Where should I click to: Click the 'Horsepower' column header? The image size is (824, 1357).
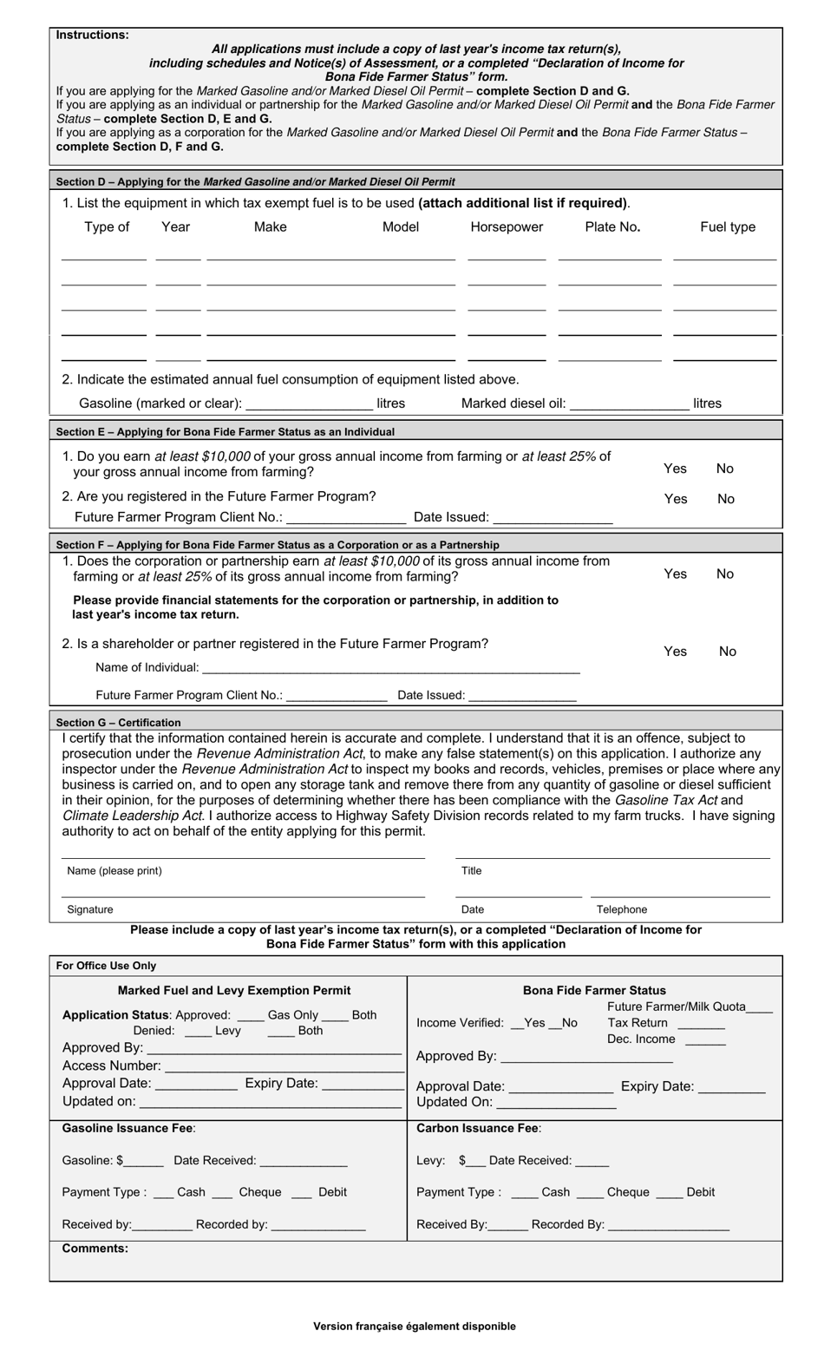point(507,227)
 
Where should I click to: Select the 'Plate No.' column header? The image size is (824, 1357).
point(612,227)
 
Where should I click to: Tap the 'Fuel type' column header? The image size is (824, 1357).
point(728,227)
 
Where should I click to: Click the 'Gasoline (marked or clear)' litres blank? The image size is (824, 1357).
point(310,404)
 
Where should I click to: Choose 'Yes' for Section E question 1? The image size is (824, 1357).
point(675,469)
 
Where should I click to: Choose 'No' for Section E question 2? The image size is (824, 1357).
point(725,499)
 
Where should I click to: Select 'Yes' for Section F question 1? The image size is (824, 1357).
point(675,574)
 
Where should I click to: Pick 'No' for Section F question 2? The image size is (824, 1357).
point(728,652)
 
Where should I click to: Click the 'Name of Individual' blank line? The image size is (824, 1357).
point(391,669)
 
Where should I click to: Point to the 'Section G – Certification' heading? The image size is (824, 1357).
point(119,723)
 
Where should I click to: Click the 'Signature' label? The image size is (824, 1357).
point(90,909)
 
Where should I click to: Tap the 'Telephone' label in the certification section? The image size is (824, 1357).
point(622,909)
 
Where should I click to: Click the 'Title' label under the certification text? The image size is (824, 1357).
point(471,871)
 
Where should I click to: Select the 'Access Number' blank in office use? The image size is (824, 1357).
point(284,1066)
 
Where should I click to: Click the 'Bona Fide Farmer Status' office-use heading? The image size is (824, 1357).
point(594,990)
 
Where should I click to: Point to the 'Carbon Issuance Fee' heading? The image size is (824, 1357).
point(479,1129)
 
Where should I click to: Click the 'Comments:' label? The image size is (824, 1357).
point(95,1249)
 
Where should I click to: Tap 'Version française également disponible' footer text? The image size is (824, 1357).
point(415,1326)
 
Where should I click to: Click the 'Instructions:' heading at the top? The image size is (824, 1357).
point(92,36)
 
